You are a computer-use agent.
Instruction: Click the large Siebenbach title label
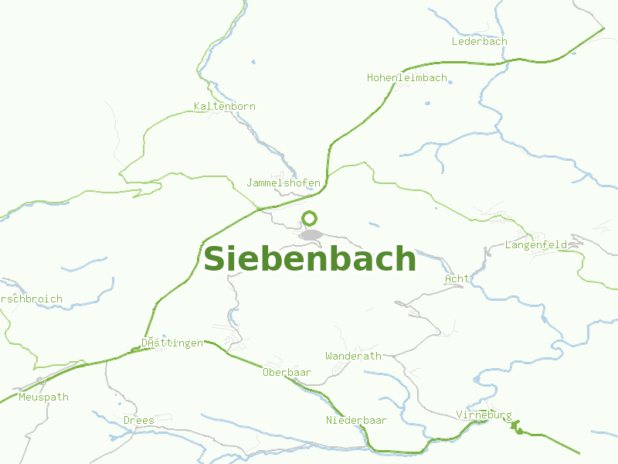309,259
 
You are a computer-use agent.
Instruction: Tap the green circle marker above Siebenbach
310,219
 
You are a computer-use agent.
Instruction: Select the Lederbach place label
479,42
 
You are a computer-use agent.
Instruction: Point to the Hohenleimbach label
406,78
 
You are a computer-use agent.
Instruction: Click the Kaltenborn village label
224,106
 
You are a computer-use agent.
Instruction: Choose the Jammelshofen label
283,183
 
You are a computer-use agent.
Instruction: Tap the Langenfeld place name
535,245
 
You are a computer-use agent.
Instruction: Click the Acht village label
457,278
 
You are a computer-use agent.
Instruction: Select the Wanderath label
353,357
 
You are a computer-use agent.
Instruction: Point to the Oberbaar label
287,373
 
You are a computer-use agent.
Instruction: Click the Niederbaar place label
356,420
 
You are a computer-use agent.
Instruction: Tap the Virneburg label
484,415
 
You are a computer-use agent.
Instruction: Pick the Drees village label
139,420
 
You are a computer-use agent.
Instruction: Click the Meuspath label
43,397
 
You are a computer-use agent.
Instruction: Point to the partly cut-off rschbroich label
31,299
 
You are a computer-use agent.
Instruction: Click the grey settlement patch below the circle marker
311,234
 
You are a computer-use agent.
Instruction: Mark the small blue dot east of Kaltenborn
253,62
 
